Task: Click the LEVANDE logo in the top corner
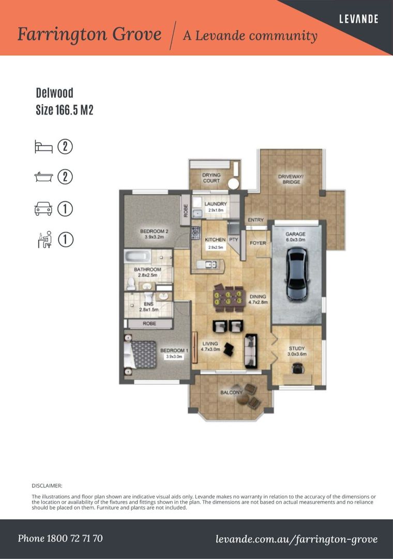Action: (358, 19)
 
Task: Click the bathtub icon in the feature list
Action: (43, 178)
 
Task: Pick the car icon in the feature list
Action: (43, 209)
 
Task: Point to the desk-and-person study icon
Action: (44, 240)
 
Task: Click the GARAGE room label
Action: (296, 234)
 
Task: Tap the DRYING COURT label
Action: (211, 178)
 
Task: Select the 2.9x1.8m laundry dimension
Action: (215, 211)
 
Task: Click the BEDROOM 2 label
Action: (155, 231)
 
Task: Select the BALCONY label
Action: (231, 392)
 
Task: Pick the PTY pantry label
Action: (233, 240)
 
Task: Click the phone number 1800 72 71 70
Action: (60, 538)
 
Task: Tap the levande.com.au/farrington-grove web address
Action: (296, 539)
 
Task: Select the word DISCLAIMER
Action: (47, 486)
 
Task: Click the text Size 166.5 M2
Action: (64, 110)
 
